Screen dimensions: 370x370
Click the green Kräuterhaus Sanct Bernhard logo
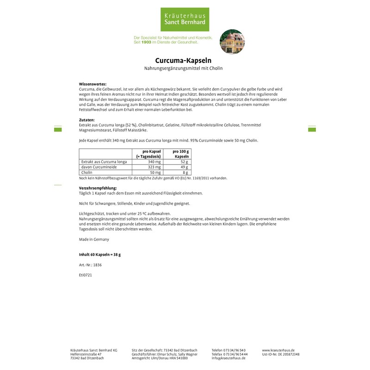(x=185, y=19)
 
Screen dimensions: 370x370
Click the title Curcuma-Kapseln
(x=184, y=60)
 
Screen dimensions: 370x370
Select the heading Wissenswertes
(x=93, y=84)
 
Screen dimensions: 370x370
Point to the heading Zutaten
(x=87, y=120)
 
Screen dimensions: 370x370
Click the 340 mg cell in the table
(x=154, y=162)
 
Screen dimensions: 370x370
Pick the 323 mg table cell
(x=154, y=167)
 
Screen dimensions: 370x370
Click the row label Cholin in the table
(x=87, y=172)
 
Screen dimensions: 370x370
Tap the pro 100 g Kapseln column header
(x=181, y=154)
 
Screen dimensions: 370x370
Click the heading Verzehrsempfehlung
(x=98, y=188)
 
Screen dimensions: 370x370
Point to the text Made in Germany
(x=94, y=239)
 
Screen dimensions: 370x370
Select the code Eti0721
(x=86, y=274)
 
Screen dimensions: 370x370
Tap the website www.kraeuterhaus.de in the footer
(x=278, y=351)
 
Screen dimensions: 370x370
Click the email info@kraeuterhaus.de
(x=228, y=358)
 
